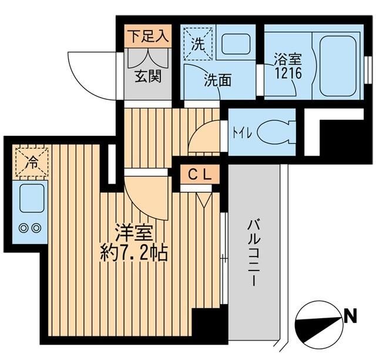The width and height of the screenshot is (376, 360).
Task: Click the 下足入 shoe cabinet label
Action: [149, 36]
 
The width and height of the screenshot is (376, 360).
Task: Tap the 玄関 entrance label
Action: [149, 77]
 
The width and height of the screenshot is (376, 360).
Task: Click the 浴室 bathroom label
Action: [288, 59]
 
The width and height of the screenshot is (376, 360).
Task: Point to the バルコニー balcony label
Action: [253, 253]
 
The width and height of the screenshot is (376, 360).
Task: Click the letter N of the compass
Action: [351, 318]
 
